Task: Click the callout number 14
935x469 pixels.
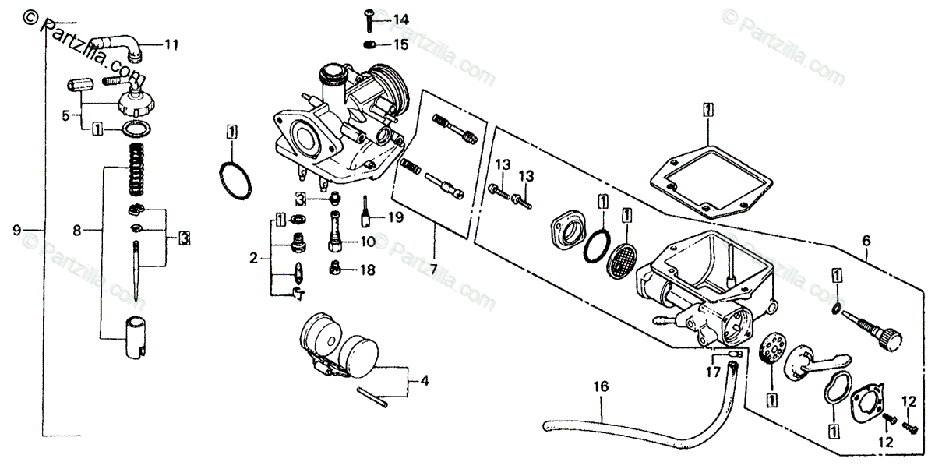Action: [400, 19]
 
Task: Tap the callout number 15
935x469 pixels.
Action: [400, 44]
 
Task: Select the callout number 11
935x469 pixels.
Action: [171, 45]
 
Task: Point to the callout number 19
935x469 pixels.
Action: [395, 218]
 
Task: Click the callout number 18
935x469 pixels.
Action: [367, 270]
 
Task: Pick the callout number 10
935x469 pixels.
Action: [367, 242]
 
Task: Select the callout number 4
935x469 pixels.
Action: [424, 382]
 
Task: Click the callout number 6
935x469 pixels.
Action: [866, 240]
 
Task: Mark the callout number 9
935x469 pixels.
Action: [16, 230]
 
